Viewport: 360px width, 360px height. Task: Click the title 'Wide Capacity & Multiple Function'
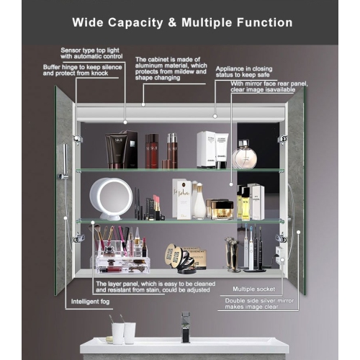pyautogui.click(x=181, y=22)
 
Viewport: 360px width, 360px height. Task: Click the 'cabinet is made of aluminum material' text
pyautogui.click(x=171, y=68)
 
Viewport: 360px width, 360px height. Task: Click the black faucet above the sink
pyautogui.click(x=186, y=326)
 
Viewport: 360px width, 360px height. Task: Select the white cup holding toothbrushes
pyautogui.click(x=117, y=332)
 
